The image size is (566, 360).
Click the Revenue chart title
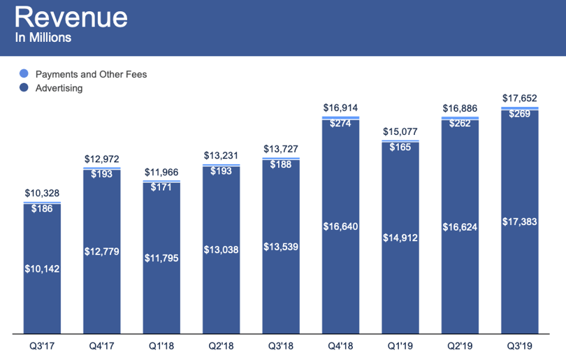coord(71,17)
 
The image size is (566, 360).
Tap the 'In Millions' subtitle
coord(43,38)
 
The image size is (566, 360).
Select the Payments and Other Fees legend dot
coord(24,73)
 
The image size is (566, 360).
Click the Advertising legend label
coord(59,88)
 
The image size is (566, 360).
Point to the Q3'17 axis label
coord(42,346)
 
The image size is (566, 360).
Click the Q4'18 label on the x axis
coord(340,346)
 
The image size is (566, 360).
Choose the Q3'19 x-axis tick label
coord(519,346)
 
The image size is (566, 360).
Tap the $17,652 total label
coord(519,99)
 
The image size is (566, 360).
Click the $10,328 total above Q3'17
coord(42,193)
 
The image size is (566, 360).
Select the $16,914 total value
coord(340,108)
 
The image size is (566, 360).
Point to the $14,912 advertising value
coord(400,238)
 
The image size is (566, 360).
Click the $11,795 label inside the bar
coord(161,258)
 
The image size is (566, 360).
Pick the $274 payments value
coord(340,124)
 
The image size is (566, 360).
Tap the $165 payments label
coord(400,147)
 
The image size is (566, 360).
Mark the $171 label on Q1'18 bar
coord(161,187)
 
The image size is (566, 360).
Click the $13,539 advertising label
coord(281,247)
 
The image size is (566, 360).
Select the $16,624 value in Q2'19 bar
coord(460,227)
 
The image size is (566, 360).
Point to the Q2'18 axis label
coord(221,346)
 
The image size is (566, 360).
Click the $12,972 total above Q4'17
coord(102,159)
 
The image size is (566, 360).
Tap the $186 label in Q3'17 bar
coord(42,209)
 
